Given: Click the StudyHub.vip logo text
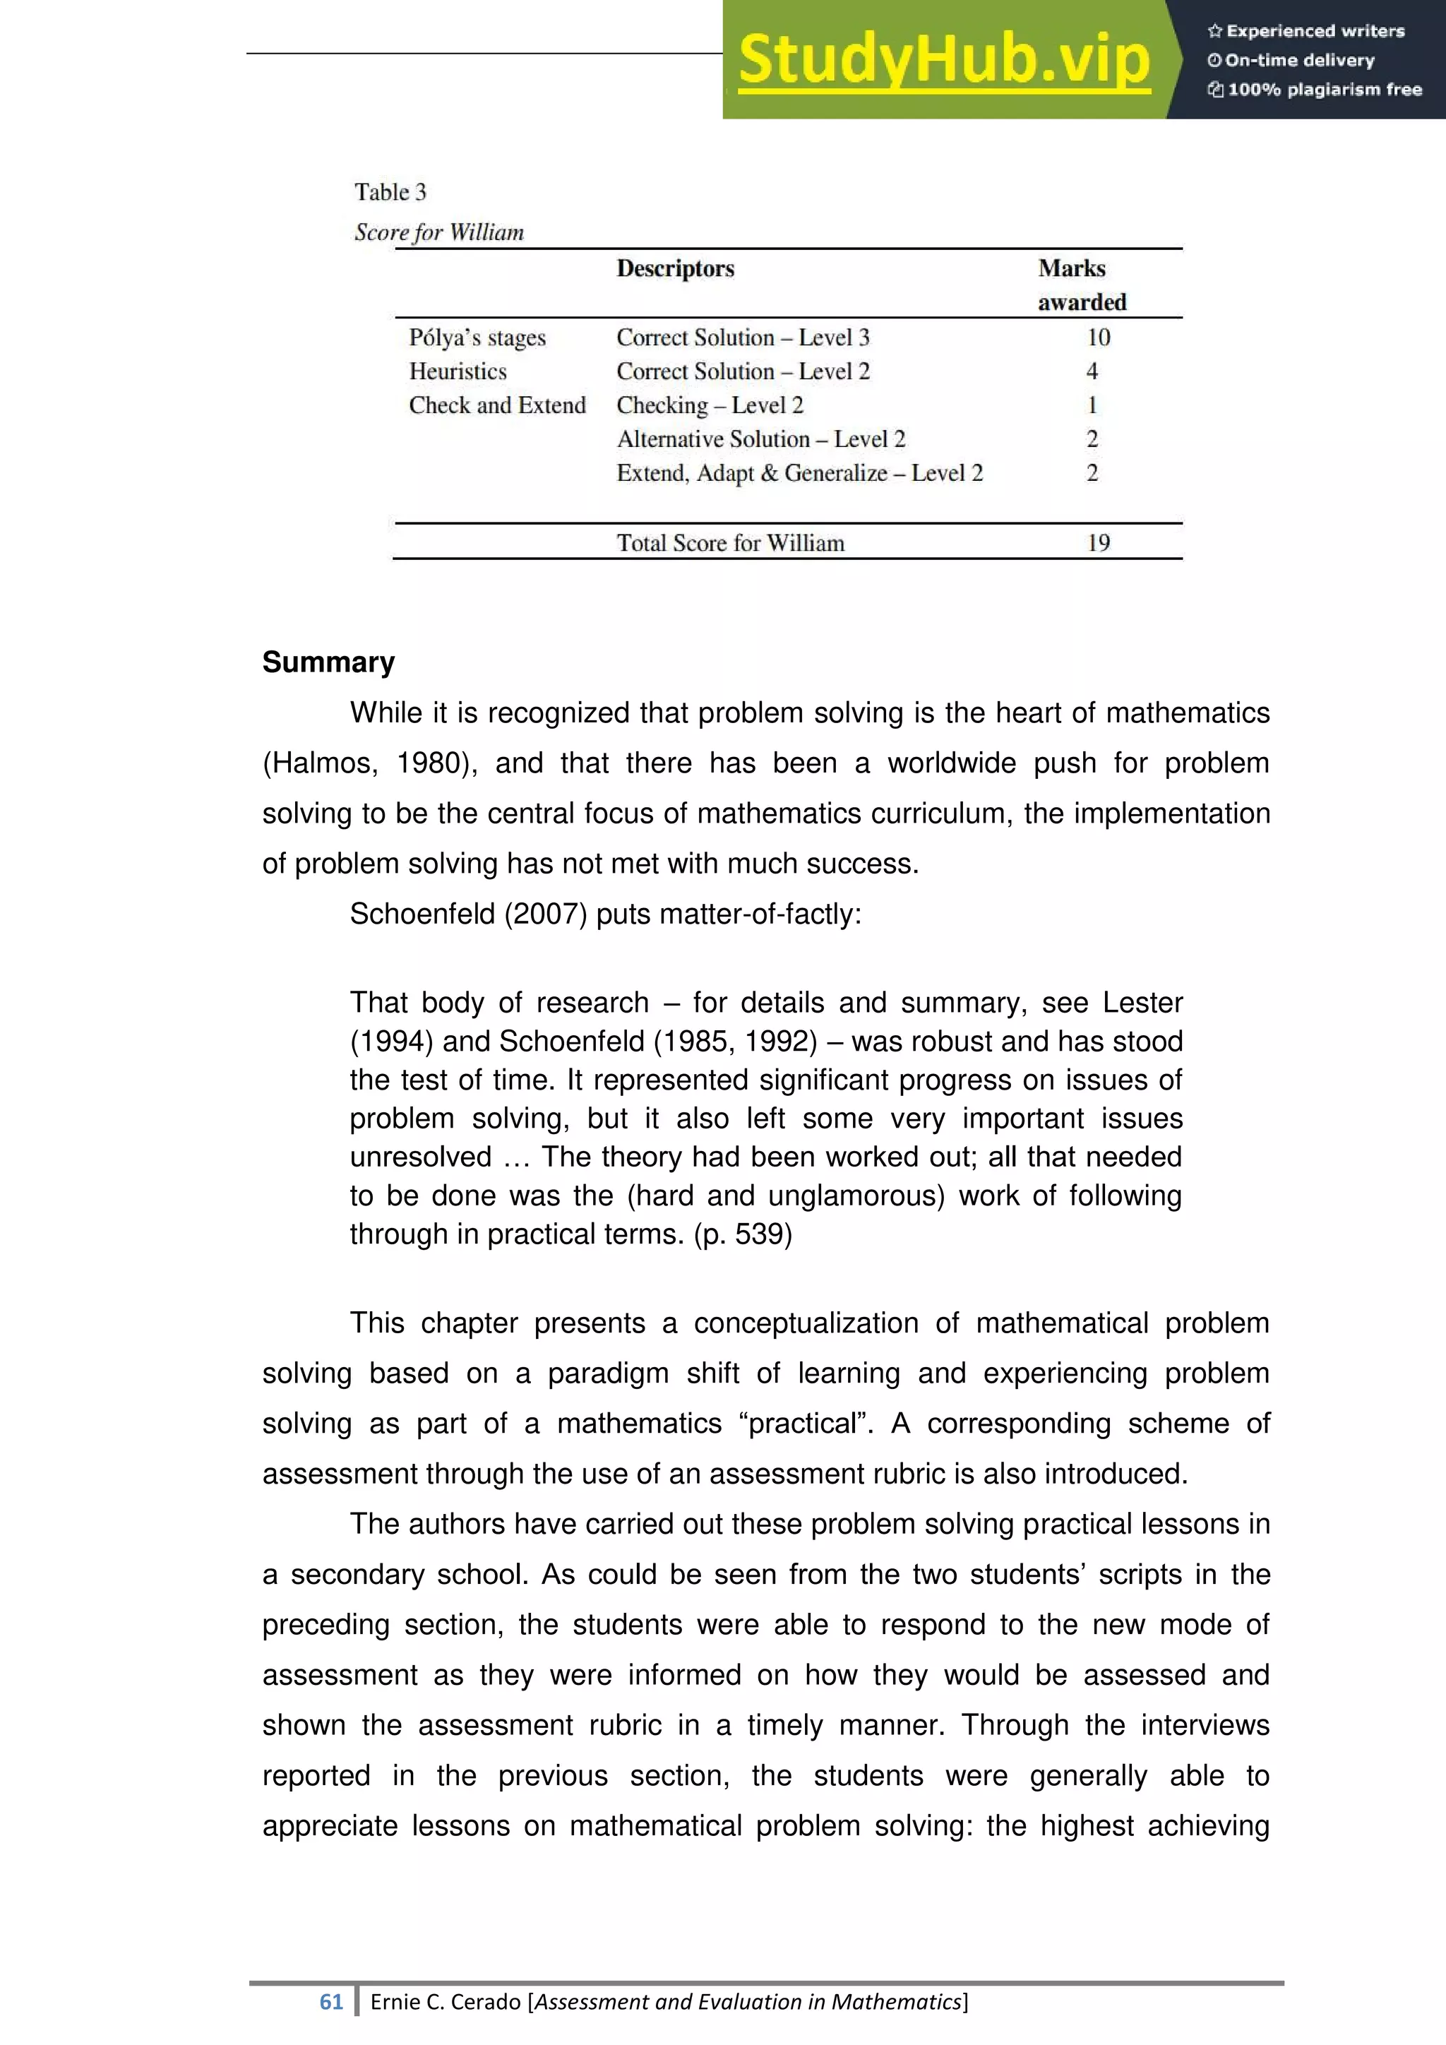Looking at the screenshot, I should [x=944, y=61].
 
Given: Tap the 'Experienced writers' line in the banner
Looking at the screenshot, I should [x=1305, y=31].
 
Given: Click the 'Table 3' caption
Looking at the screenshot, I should [x=390, y=192].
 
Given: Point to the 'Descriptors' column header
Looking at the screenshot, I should [x=675, y=269].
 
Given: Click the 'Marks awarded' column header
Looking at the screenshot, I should [x=1081, y=285].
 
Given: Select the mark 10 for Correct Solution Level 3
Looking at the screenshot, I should [x=1098, y=338].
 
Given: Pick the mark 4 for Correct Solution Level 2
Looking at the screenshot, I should [x=1092, y=371].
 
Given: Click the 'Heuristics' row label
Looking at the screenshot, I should [x=457, y=371].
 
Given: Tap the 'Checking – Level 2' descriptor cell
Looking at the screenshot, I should [x=710, y=405].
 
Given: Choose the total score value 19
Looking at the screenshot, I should [x=1098, y=542].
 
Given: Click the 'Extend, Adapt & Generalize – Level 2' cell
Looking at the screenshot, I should [x=799, y=473].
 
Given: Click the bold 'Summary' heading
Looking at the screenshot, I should [x=328, y=662].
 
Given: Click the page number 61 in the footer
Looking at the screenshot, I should [x=330, y=2002].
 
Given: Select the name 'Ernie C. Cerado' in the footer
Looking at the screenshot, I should [x=446, y=2002].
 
